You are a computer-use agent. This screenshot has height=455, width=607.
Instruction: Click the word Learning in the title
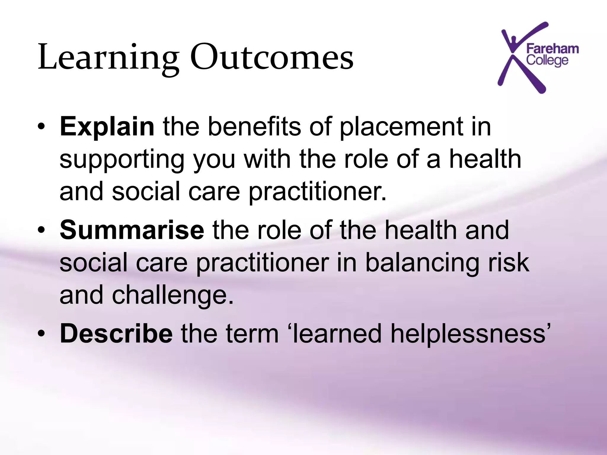click(x=108, y=57)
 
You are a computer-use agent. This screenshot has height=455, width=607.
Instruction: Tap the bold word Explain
click(x=107, y=127)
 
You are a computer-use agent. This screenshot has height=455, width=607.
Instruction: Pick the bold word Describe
click(x=116, y=334)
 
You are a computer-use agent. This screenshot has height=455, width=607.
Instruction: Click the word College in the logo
click(x=547, y=60)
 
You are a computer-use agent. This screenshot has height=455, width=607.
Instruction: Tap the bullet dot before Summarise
click(x=41, y=231)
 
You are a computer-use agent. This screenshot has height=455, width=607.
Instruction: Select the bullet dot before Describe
click(x=41, y=334)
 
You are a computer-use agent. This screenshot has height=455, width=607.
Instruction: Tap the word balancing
click(x=422, y=263)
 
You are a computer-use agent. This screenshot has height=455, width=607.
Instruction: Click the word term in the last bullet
click(x=252, y=334)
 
